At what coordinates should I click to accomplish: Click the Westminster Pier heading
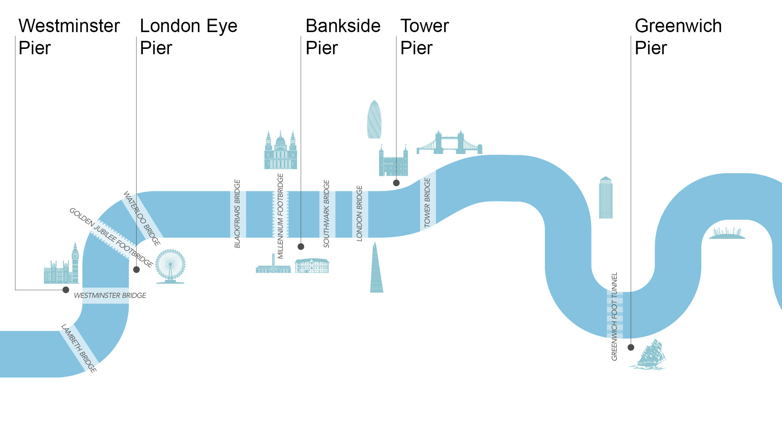click(69, 37)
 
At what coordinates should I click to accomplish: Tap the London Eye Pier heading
click(189, 37)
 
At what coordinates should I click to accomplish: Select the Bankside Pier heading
click(343, 37)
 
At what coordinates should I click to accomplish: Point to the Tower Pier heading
click(425, 37)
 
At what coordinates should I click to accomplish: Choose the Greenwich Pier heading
click(678, 37)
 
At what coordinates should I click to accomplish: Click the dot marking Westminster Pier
click(66, 290)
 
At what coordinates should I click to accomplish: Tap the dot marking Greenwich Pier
click(631, 347)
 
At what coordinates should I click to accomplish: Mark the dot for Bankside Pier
click(301, 246)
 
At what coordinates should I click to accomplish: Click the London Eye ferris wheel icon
click(170, 266)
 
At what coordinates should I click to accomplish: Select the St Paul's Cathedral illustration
click(281, 151)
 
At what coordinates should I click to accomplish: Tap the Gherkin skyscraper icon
click(374, 120)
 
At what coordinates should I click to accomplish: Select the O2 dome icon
click(727, 234)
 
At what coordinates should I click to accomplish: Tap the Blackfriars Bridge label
click(238, 214)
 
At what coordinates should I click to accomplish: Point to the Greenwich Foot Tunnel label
click(614, 316)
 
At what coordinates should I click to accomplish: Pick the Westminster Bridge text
click(110, 295)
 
